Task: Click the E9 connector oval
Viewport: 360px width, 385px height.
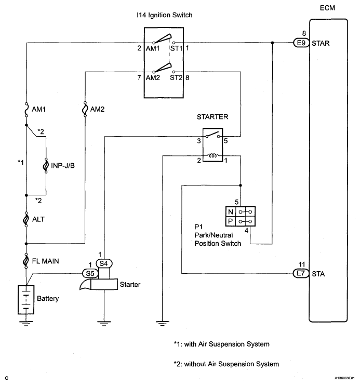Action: click(300, 43)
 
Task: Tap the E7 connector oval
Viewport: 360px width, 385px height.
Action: click(300, 273)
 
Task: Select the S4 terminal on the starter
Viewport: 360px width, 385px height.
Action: click(104, 263)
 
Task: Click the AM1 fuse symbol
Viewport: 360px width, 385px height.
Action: click(25, 110)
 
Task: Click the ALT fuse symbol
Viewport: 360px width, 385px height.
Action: click(25, 219)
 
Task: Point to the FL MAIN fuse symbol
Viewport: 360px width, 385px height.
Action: click(25, 260)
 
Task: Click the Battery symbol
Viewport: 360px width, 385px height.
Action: click(25, 299)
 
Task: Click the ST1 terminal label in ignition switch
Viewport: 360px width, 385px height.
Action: click(176, 48)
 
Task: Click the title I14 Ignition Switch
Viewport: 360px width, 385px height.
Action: click(168, 16)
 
